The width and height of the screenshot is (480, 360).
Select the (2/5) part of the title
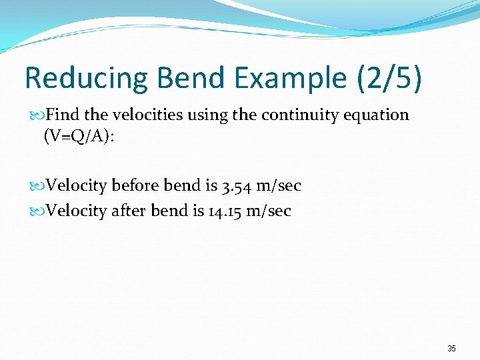(389, 78)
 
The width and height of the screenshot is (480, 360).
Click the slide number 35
(451, 349)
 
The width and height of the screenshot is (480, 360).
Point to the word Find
(63, 115)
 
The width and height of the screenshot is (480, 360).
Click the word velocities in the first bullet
(143, 115)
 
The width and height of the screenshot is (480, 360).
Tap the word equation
(378, 115)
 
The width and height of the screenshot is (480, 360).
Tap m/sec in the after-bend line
(268, 211)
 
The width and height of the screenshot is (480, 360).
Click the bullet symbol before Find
(39, 115)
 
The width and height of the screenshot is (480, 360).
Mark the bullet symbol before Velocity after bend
(39, 212)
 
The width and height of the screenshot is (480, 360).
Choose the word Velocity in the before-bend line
(77, 185)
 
